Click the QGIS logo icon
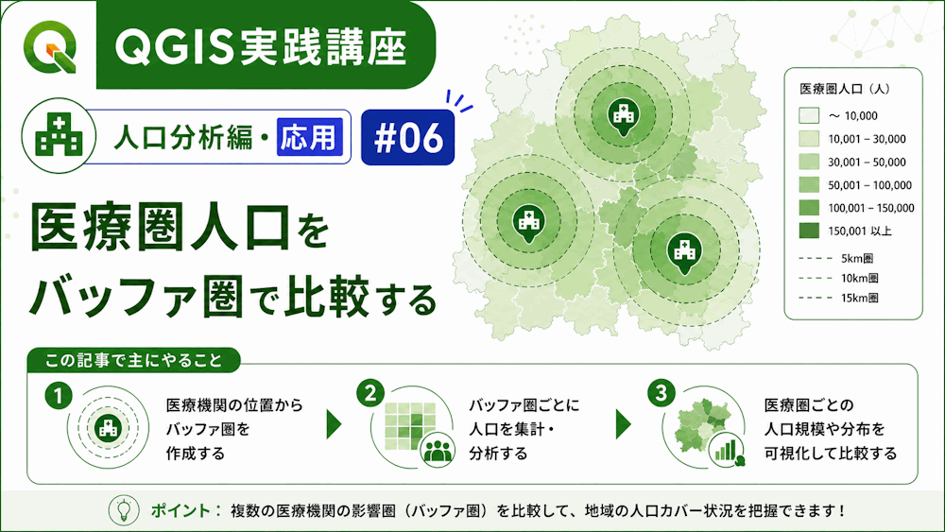tap(50, 46)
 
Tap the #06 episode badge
tap(408, 137)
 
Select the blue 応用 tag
tap(310, 137)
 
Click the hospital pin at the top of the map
tap(623, 116)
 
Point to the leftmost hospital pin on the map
tap(528, 224)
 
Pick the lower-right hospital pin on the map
tap(684, 253)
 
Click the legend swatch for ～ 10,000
tap(809, 115)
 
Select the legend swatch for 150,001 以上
tap(809, 231)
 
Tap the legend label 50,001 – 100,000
tap(869, 185)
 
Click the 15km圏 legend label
tap(859, 298)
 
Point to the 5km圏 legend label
tap(857, 259)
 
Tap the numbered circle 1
tap(59, 397)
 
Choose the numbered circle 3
tap(661, 393)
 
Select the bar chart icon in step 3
tap(727, 450)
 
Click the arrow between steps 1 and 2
tap(334, 424)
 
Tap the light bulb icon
tap(124, 509)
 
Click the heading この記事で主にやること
tap(134, 360)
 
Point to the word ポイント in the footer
tap(180, 510)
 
